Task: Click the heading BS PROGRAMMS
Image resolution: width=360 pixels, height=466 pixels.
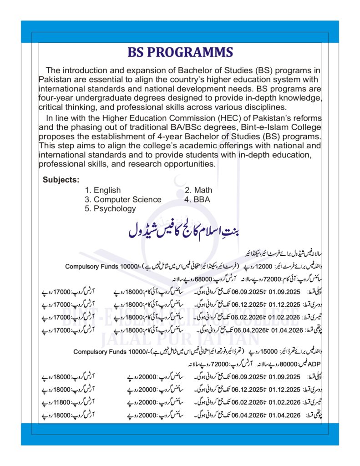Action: coord(180,52)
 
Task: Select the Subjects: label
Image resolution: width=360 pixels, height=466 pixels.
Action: coord(61,179)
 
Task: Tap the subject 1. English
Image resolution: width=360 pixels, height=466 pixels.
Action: coord(102,190)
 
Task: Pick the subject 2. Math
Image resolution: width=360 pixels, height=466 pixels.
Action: coord(198,190)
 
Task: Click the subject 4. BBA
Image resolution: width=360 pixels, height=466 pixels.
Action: coord(197,199)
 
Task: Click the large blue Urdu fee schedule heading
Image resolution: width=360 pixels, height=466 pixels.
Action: coord(184,230)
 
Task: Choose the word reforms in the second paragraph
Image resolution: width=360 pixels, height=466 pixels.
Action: coord(306,118)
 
